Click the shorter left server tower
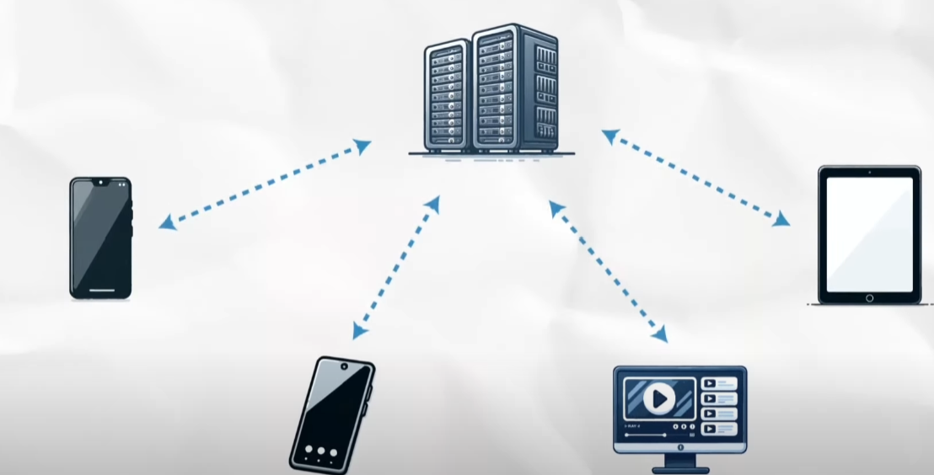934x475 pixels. click(447, 97)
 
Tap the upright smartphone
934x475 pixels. click(100, 237)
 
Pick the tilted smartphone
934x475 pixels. click(331, 414)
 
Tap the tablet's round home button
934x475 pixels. click(869, 297)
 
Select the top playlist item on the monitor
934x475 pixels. click(719, 383)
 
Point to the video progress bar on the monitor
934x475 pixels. click(654, 435)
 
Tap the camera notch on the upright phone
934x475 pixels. click(100, 182)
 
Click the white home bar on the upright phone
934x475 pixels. click(100, 291)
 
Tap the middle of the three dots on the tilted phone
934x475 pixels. click(321, 452)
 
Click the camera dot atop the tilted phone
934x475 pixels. click(347, 367)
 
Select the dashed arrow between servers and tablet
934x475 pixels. click(695, 177)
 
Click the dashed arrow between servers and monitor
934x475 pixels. click(608, 270)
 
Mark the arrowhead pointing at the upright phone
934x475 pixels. click(168, 223)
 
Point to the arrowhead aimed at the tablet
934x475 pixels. click(781, 219)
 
